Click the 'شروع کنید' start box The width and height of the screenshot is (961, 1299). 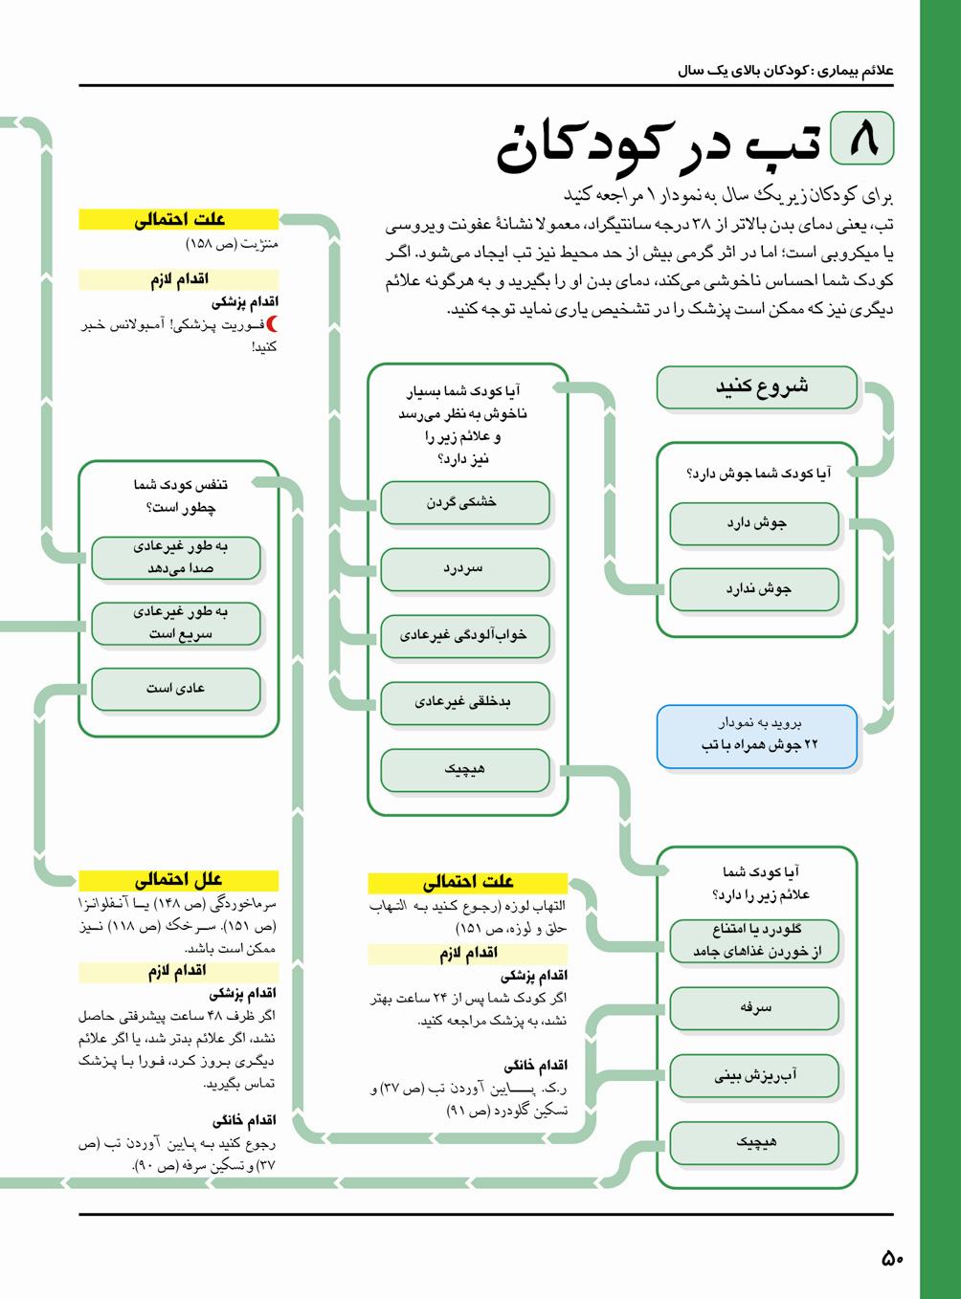(756, 387)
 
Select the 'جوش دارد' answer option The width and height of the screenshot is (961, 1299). (754, 523)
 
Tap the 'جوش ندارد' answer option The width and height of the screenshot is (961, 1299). (754, 589)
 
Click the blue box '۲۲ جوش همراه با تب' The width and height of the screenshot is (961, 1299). (756, 735)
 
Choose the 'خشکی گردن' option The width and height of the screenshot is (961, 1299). (464, 502)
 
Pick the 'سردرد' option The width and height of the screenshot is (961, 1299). (464, 569)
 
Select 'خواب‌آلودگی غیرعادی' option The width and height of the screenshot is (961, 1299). (464, 635)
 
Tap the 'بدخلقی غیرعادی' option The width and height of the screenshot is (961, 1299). (464, 702)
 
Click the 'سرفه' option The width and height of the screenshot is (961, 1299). (754, 1007)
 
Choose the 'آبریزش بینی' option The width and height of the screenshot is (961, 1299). (754, 1075)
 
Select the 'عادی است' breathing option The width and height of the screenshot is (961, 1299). (176, 688)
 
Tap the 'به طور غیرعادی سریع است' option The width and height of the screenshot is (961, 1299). (176, 623)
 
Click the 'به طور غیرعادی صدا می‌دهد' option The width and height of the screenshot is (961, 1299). (176, 557)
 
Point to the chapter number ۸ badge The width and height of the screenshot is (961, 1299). (862, 138)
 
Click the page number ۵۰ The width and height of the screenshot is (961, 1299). (891, 1258)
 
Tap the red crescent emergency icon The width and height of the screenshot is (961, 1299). (271, 324)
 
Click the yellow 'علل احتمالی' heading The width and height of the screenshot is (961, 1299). (178, 880)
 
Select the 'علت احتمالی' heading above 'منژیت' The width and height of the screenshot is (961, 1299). (178, 220)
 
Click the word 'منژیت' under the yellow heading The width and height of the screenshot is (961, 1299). (258, 244)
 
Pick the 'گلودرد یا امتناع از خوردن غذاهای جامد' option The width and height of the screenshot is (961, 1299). (754, 940)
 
